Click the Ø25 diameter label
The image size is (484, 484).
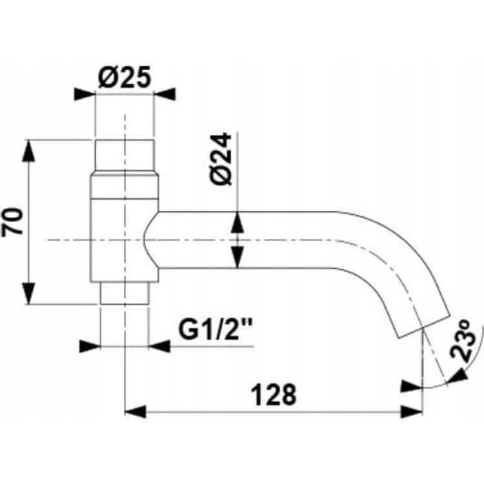point(125,77)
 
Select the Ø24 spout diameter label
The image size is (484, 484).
point(221,159)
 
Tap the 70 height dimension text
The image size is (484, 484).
point(13,221)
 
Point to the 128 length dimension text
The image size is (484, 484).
point(274,394)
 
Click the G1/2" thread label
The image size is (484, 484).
point(216,329)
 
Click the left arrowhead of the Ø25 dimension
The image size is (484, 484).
point(85,94)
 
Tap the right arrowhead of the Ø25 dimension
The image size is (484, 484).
point(165,94)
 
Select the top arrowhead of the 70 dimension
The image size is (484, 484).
point(28,150)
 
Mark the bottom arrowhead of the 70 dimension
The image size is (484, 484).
point(28,294)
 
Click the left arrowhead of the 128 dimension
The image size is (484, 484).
point(135,412)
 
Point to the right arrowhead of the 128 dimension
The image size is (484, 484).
point(411,412)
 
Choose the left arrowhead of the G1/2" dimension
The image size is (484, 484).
point(90,347)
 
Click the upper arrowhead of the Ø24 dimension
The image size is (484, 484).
point(237,222)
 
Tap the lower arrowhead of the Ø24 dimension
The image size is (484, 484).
point(237,257)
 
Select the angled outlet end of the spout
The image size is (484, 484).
point(423,327)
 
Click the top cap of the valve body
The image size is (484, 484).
point(125,156)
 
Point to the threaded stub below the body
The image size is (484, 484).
point(125,293)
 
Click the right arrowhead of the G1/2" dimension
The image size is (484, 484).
point(159,347)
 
